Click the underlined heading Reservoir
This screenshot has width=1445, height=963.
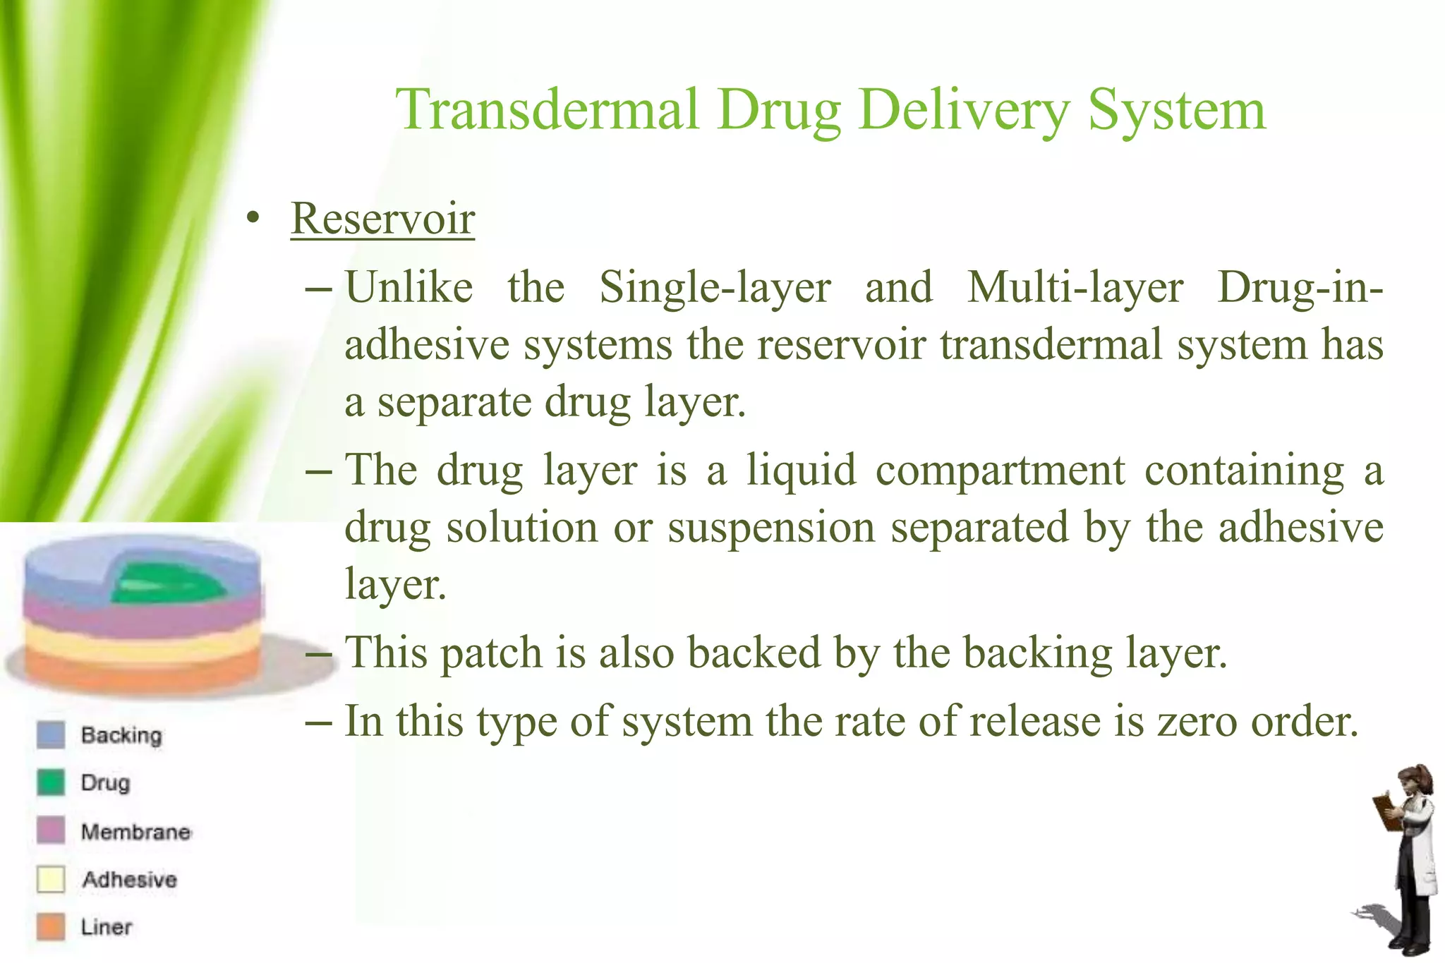pyautogui.click(x=382, y=219)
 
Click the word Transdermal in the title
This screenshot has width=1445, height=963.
pyautogui.click(x=547, y=111)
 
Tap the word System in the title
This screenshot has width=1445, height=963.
pyautogui.click(x=1176, y=111)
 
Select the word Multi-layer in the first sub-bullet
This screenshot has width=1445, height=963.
pyautogui.click(x=1075, y=288)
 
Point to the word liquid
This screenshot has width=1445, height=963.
pyautogui.click(x=802, y=471)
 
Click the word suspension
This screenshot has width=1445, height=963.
pyautogui.click(x=771, y=528)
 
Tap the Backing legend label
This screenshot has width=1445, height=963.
pyautogui.click(x=121, y=735)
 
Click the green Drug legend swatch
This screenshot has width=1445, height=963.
pyautogui.click(x=51, y=782)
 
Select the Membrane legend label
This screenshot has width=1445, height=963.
pyautogui.click(x=135, y=832)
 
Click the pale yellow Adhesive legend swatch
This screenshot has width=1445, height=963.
pyautogui.click(x=51, y=880)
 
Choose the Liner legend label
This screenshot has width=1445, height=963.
pyautogui.click(x=106, y=927)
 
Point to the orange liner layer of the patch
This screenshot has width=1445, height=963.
pyautogui.click(x=141, y=670)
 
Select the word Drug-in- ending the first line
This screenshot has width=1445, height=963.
pyautogui.click(x=1300, y=288)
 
